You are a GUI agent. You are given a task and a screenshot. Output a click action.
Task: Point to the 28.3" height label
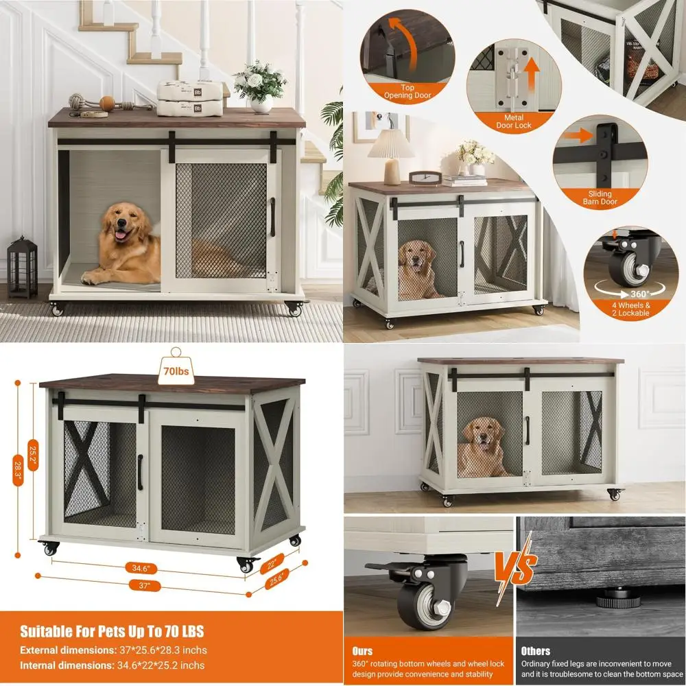[x=18, y=466]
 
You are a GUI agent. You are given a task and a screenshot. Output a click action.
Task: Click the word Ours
[x=362, y=650]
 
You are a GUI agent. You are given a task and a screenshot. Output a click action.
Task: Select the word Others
[x=535, y=650]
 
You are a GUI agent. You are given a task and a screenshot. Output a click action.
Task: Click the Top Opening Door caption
[x=417, y=91]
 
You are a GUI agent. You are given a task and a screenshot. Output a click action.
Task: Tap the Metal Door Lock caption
[x=514, y=121]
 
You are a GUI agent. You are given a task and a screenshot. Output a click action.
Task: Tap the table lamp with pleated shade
[x=392, y=154]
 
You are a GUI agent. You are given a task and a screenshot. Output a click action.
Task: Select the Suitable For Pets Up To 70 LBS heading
[x=112, y=631]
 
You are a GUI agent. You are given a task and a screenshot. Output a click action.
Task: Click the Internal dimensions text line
[x=112, y=665]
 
